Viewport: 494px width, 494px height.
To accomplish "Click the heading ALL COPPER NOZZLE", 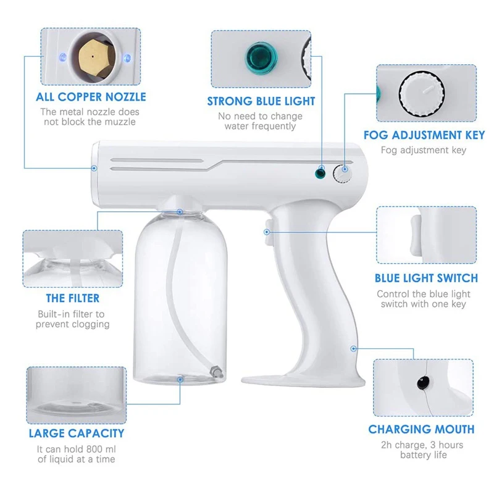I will pyautogui.click(x=91, y=97).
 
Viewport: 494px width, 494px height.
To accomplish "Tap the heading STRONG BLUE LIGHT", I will pyautogui.click(x=261, y=101).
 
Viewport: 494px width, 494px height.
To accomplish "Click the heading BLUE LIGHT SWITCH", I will pyautogui.click(x=426, y=278).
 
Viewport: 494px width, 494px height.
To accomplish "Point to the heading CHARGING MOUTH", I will pyautogui.click(x=421, y=429).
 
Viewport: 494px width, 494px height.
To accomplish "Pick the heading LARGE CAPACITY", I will pyautogui.click(x=77, y=433).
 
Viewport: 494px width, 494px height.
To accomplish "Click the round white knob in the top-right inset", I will pyautogui.click(x=421, y=95).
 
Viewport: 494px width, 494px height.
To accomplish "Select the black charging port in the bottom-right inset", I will pyautogui.click(x=422, y=382).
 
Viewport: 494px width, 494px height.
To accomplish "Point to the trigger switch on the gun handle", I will pyautogui.click(x=269, y=233).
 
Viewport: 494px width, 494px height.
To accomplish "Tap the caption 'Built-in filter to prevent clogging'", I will pyautogui.click(x=72, y=319).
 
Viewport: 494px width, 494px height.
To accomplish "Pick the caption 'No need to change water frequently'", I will pyautogui.click(x=260, y=121).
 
